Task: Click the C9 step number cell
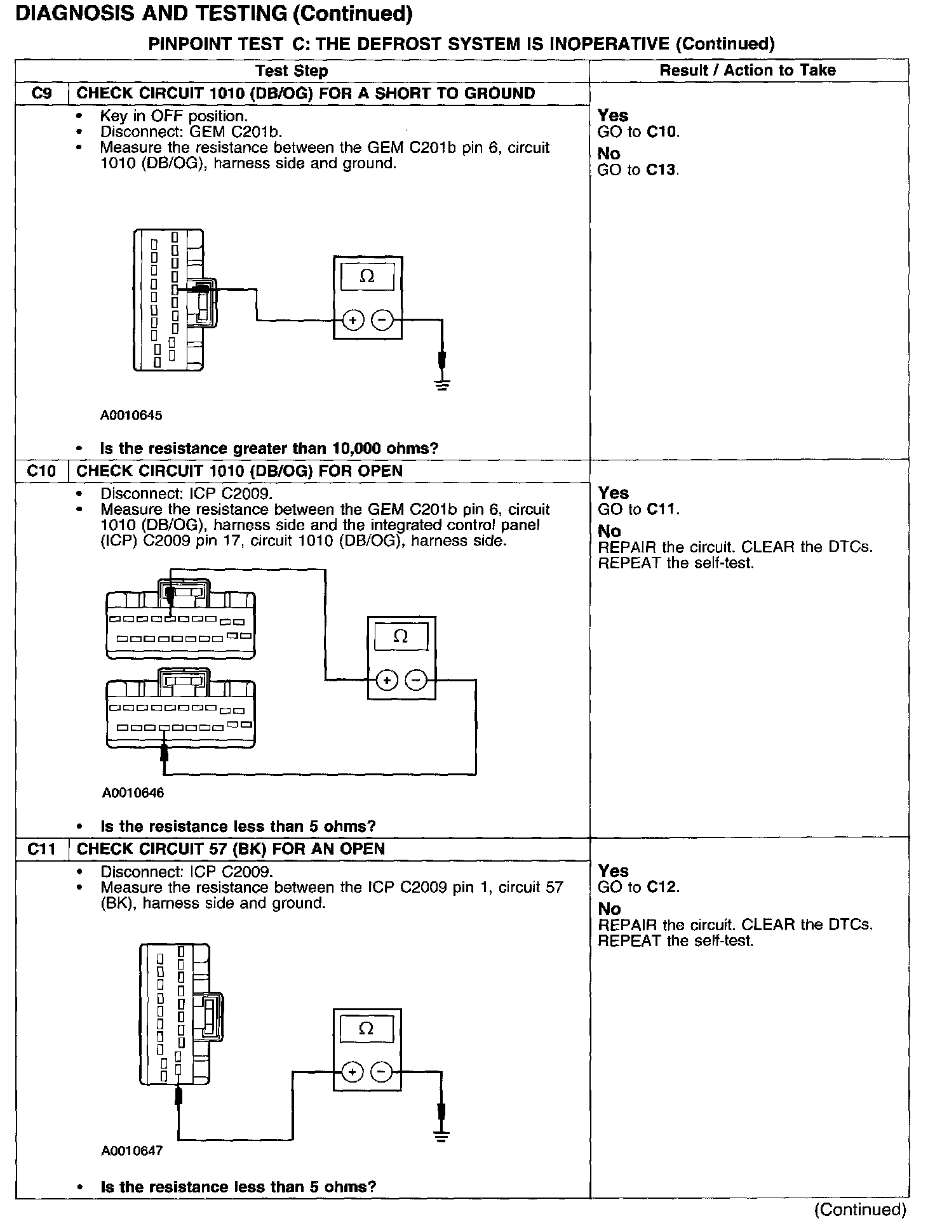coord(41,93)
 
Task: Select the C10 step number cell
coord(41,471)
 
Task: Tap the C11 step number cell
coord(41,849)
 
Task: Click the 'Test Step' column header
coord(292,70)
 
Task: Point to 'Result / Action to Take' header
coord(748,70)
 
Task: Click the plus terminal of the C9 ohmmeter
coord(353,321)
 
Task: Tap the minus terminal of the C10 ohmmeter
coord(416,681)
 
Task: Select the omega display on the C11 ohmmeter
coord(367,1029)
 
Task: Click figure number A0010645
coord(131,415)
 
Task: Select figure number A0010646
coord(133,792)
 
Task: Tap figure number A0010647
coord(131,1151)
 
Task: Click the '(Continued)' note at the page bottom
coord(860,1210)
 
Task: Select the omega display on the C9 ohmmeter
coord(367,277)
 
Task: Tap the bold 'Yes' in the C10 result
coord(613,493)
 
